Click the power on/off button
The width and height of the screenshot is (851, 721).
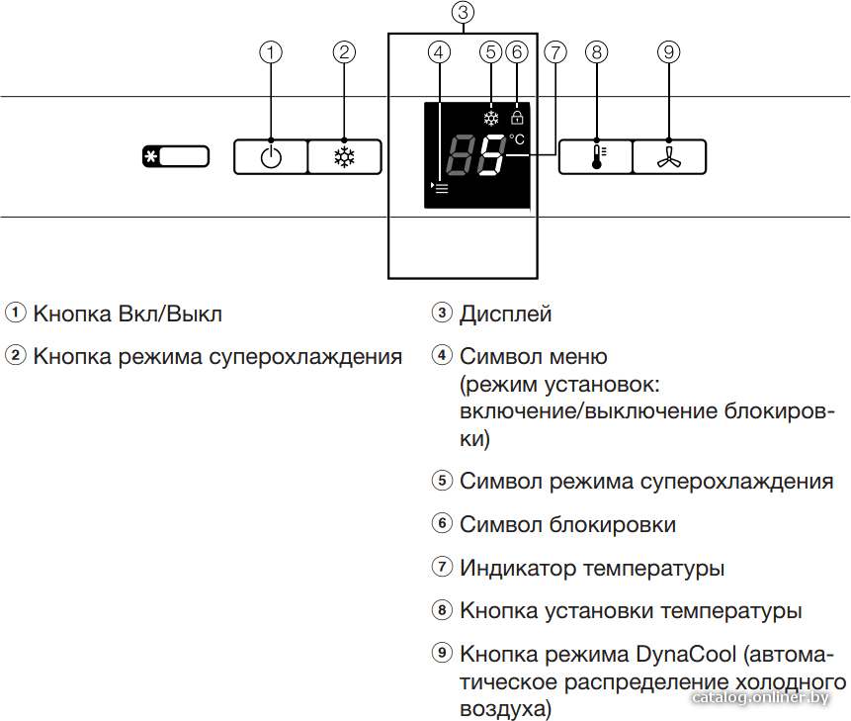271,157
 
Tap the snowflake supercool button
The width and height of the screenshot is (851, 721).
345,157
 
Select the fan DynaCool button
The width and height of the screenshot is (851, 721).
669,157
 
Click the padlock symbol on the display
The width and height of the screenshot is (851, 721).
517,117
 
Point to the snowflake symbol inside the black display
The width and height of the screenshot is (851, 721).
491,118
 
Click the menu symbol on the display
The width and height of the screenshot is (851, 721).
440,188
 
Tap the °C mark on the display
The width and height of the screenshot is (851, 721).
517,139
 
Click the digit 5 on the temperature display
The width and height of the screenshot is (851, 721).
491,154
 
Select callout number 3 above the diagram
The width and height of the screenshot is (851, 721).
463,12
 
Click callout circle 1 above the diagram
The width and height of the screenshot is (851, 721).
271,52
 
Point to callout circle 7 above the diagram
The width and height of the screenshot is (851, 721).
555,52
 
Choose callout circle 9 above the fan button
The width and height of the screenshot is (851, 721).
668,52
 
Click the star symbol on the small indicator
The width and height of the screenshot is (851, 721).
151,157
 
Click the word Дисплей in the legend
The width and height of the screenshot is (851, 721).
506,314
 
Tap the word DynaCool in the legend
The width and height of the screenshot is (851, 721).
686,654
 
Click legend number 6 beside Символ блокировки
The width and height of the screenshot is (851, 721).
442,523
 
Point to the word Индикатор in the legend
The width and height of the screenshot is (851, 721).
518,568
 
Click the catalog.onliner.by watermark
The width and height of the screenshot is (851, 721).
760,697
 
